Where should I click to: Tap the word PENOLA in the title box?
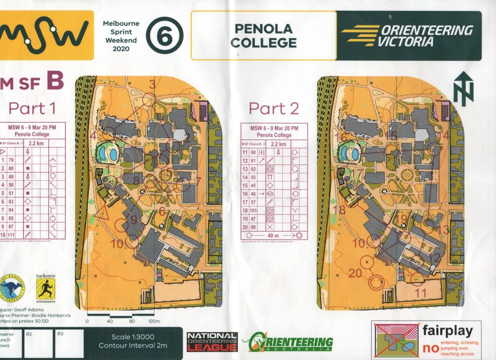263,29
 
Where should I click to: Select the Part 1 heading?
32,108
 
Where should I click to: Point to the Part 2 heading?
273,108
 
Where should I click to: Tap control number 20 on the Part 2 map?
355,273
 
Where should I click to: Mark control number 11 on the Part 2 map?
421,292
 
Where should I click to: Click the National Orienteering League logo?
212,341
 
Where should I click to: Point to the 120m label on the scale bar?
154,321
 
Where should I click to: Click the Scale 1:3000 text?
133,337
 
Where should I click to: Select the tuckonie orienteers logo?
45,287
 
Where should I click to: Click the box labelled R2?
38,343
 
